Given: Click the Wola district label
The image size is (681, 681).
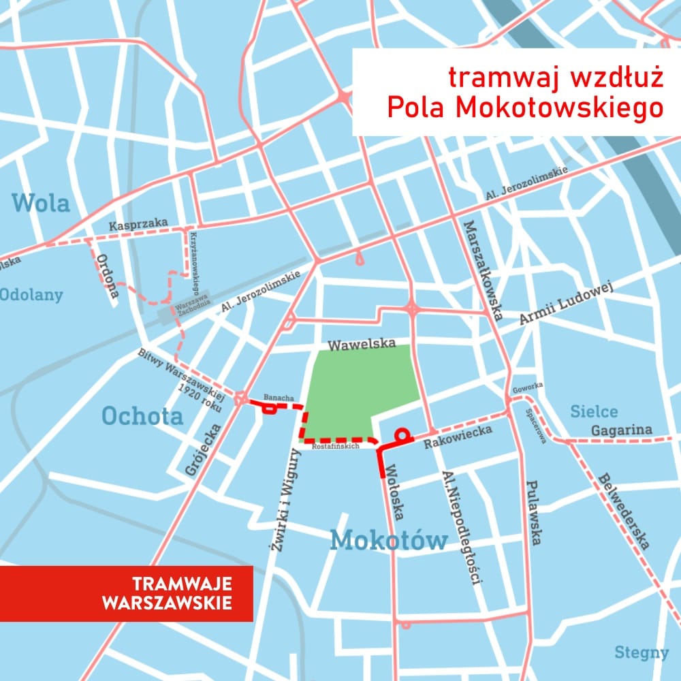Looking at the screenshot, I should [x=41, y=203].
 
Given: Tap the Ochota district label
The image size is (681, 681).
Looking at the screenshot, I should [x=142, y=415].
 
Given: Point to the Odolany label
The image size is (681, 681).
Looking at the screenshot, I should [x=31, y=295].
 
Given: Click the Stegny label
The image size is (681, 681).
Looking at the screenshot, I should [x=642, y=652].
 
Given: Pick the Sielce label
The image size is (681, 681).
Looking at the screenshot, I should [x=594, y=411].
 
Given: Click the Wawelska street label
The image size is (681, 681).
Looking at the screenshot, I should [x=362, y=345].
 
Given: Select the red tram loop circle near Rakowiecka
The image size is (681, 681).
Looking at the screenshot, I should [x=402, y=433].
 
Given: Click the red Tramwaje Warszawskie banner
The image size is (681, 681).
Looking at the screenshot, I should [x=126, y=593].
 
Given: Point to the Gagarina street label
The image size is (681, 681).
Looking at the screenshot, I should [x=621, y=430].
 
